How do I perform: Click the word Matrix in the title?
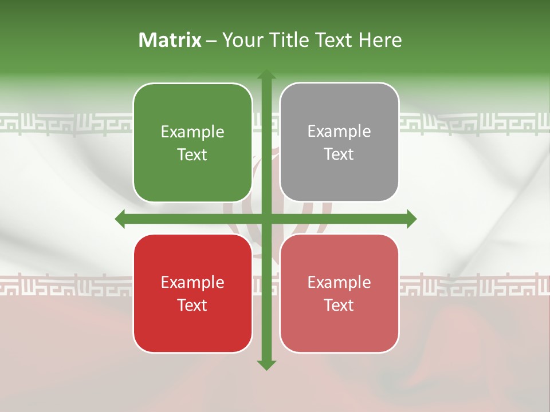170,40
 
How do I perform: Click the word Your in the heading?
242,40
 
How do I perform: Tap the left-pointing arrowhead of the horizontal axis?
120,219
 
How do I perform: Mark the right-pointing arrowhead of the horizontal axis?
411,219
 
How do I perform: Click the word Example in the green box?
192,132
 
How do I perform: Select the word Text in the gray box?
339,154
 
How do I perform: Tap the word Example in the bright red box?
192,283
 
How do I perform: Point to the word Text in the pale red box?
339,305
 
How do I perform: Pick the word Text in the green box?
192,155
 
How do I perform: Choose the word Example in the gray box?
339,132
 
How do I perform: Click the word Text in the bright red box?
192,305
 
